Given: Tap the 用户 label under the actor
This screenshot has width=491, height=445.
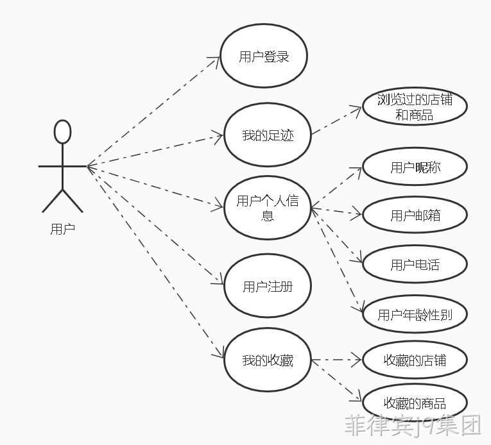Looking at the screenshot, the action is [63, 229].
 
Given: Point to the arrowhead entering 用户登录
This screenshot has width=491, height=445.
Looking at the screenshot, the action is [216, 60].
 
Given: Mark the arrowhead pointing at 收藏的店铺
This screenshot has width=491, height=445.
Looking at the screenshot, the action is [357, 360].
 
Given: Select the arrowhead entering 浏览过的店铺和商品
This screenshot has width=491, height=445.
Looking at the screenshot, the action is [357, 110].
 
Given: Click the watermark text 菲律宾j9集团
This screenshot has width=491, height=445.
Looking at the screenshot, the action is [413, 425].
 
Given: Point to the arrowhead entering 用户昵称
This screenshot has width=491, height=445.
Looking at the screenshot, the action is [357, 171].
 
